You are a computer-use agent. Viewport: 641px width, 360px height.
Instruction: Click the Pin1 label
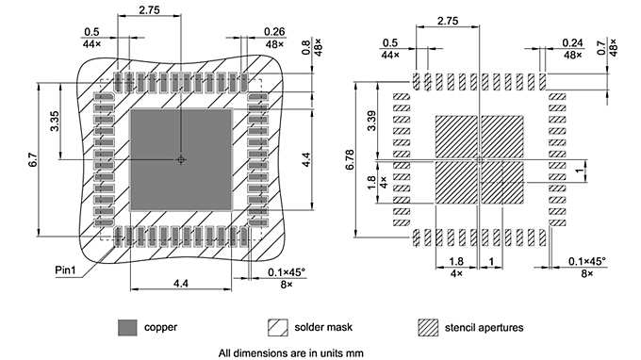point(65,270)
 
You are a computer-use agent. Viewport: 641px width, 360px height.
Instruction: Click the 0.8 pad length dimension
point(306,45)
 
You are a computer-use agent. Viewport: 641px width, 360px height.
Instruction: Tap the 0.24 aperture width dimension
point(572,43)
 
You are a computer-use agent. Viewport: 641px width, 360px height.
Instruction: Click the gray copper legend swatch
point(127,327)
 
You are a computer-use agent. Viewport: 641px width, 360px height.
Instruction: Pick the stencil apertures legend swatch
point(429,327)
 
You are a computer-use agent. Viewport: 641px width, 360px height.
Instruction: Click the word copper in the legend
point(160,327)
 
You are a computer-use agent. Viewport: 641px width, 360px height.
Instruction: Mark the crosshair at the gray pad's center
point(181,160)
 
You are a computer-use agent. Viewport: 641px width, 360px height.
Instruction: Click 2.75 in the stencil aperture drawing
point(448,21)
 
